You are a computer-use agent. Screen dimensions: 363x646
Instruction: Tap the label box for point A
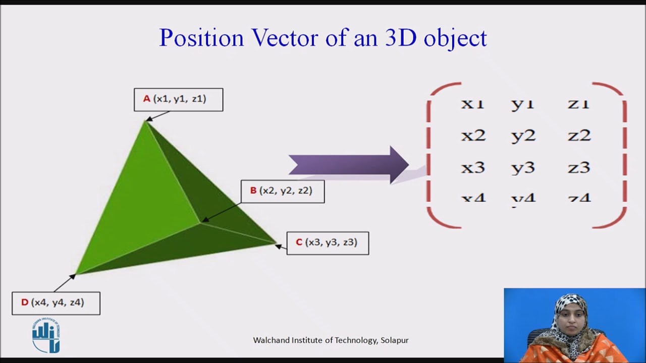(x=178, y=99)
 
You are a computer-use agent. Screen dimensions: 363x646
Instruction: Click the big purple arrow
(x=348, y=165)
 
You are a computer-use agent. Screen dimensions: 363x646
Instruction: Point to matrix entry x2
(x=473, y=135)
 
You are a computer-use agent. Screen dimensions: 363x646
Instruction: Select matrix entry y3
(x=523, y=168)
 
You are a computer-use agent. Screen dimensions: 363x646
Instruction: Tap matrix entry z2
(x=579, y=135)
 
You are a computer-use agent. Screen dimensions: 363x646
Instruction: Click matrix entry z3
(x=579, y=167)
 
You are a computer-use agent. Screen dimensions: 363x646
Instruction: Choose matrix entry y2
(x=523, y=136)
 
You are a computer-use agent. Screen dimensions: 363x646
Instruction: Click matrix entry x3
(x=473, y=167)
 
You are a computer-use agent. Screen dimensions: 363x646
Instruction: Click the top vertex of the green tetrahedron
(x=145, y=122)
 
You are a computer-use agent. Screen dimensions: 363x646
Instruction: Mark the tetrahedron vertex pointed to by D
(x=76, y=274)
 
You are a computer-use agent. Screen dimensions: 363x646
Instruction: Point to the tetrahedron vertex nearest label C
(x=276, y=244)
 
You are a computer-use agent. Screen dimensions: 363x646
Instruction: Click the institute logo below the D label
(x=46, y=336)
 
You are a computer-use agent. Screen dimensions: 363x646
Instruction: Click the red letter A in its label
(x=146, y=99)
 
